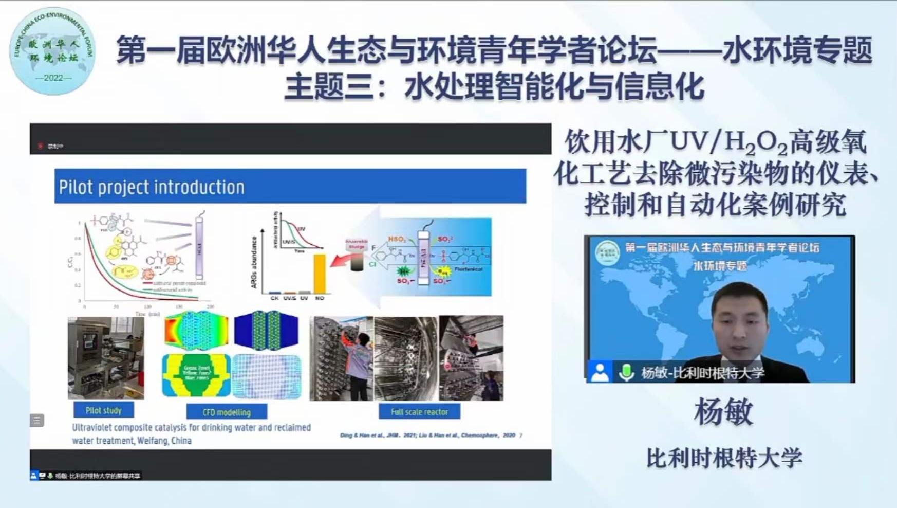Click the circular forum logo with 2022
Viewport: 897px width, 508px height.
tap(52, 51)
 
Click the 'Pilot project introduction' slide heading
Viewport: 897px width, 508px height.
tap(152, 187)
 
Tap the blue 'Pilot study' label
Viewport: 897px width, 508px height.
tap(103, 410)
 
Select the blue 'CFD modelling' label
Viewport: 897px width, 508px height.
tap(227, 412)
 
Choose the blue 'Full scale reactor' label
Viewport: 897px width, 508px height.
tap(419, 411)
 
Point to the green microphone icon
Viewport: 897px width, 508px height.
tap(626, 372)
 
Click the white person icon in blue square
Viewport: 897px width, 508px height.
tap(600, 372)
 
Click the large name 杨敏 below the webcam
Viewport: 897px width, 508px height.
tap(723, 412)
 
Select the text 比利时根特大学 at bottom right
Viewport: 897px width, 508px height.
tap(723, 458)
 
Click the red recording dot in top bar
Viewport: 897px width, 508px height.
tap(41, 146)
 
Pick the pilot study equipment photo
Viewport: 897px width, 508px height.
tap(106, 358)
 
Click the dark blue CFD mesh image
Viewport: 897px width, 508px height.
tap(266, 330)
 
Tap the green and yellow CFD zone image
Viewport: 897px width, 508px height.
tap(196, 375)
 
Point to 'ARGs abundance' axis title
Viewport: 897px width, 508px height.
tap(254, 262)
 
